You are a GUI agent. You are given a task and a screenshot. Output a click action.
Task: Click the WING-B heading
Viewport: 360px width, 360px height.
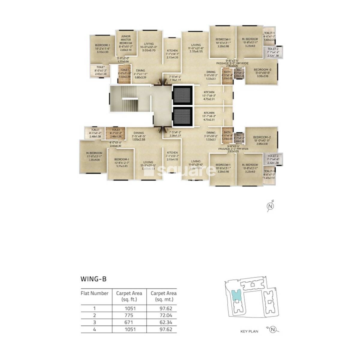click(x=93, y=279)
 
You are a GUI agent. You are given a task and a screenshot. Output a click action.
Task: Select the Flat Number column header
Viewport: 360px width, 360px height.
click(x=94, y=293)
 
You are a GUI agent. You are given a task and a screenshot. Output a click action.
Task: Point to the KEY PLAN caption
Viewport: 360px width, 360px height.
click(x=249, y=331)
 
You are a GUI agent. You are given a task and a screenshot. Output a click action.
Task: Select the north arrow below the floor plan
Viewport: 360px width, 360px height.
click(x=271, y=206)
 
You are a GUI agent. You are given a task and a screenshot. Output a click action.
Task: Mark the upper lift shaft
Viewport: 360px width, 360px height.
click(x=182, y=95)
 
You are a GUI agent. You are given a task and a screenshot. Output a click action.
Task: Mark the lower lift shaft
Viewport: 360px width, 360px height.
click(x=182, y=117)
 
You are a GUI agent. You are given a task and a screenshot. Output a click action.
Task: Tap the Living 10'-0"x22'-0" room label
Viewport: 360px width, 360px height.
click(x=148, y=47)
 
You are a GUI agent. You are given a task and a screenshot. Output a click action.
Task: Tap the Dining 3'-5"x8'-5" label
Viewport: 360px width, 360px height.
click(x=139, y=135)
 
